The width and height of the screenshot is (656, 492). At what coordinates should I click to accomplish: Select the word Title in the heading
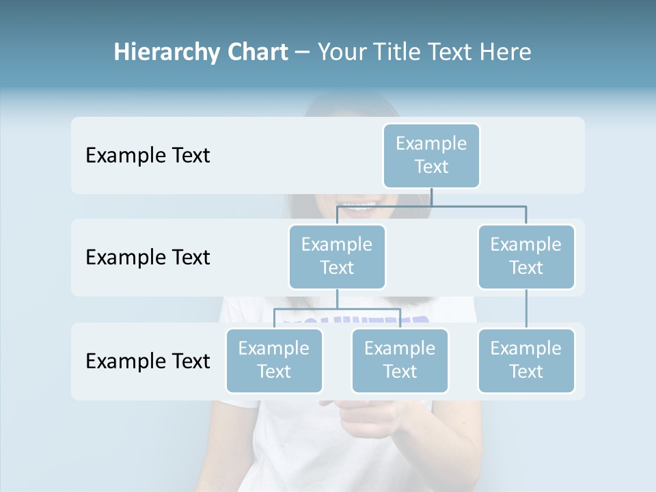[x=396, y=53]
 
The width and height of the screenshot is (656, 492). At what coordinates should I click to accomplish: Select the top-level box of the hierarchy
[x=431, y=155]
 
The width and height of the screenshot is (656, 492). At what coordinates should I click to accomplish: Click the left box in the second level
[x=337, y=256]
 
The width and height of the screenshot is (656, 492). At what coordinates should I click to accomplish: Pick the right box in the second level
[x=526, y=256]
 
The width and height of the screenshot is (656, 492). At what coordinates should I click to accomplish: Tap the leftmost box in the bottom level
[x=274, y=360]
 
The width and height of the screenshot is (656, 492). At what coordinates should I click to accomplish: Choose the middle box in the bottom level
[x=400, y=360]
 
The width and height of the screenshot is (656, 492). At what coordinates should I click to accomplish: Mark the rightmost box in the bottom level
[x=526, y=360]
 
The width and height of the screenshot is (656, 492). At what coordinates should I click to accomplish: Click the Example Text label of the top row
[x=148, y=156]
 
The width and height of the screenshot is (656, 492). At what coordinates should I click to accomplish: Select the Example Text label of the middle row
[x=148, y=258]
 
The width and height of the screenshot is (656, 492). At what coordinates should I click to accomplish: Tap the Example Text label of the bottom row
[x=148, y=361]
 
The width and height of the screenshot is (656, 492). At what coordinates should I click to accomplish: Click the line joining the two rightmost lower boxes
[x=526, y=309]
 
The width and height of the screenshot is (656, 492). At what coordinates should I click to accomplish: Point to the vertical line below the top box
[x=431, y=197]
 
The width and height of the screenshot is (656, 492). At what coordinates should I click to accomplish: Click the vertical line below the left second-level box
[x=337, y=299]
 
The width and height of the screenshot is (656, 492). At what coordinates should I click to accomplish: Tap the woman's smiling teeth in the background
[x=360, y=205]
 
